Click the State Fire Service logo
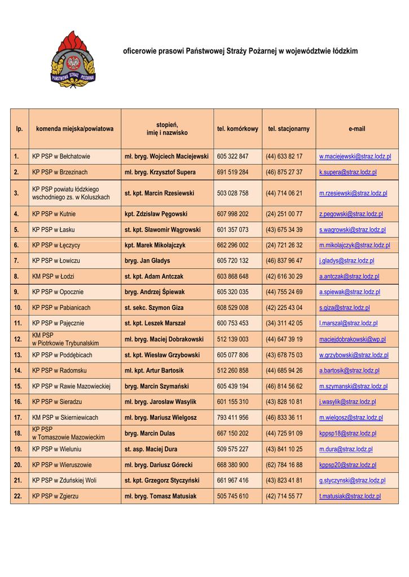coord(73,60)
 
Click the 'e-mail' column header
coord(357,129)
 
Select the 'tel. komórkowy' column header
coord(238,129)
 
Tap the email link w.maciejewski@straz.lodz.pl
coord(355,156)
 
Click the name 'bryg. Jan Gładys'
coord(147,261)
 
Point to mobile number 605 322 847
coord(232,156)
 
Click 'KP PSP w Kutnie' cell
coord(54,214)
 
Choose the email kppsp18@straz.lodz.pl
coord(348,434)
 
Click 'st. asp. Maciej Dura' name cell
coord(151,450)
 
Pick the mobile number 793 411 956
coord(232,418)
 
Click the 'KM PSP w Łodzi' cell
coord(53,277)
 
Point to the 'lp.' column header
coord(19,129)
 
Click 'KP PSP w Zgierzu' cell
coord(55,496)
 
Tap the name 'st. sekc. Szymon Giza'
coord(155,308)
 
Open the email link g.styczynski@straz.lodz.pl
coord(352,481)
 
